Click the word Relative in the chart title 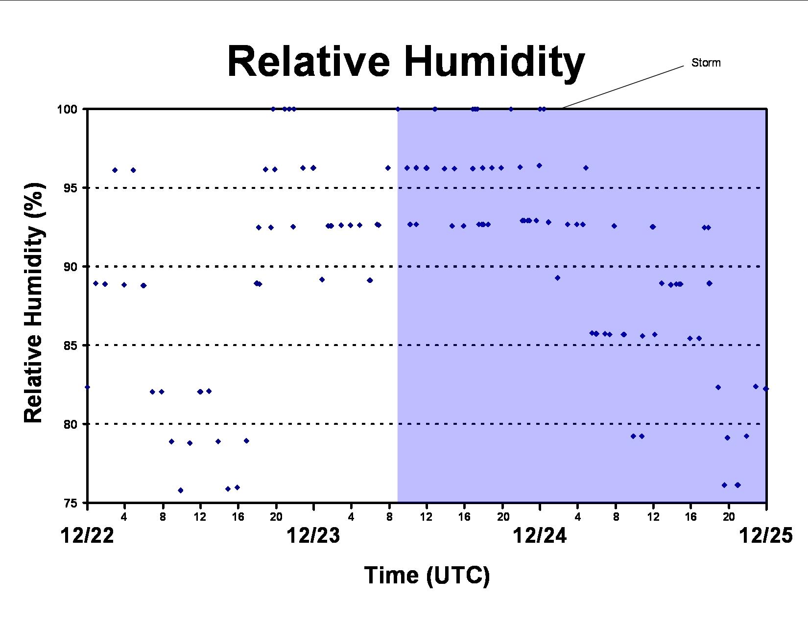coord(308,61)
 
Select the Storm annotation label coord(706,63)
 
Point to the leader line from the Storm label coord(623,87)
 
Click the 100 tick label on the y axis coord(67,109)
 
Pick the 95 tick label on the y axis coord(70,188)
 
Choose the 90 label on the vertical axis coord(70,267)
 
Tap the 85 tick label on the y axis coord(70,346)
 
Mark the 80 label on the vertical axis coord(70,424)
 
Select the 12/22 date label coord(87,536)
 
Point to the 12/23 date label coord(313,536)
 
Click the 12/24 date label coord(540,536)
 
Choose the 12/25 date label coord(765,536)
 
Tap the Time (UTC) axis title coord(427,576)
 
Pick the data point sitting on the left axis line coord(87,387)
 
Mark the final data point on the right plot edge coord(766,389)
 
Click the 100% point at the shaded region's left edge coord(398,109)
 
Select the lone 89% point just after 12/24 coord(557,278)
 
